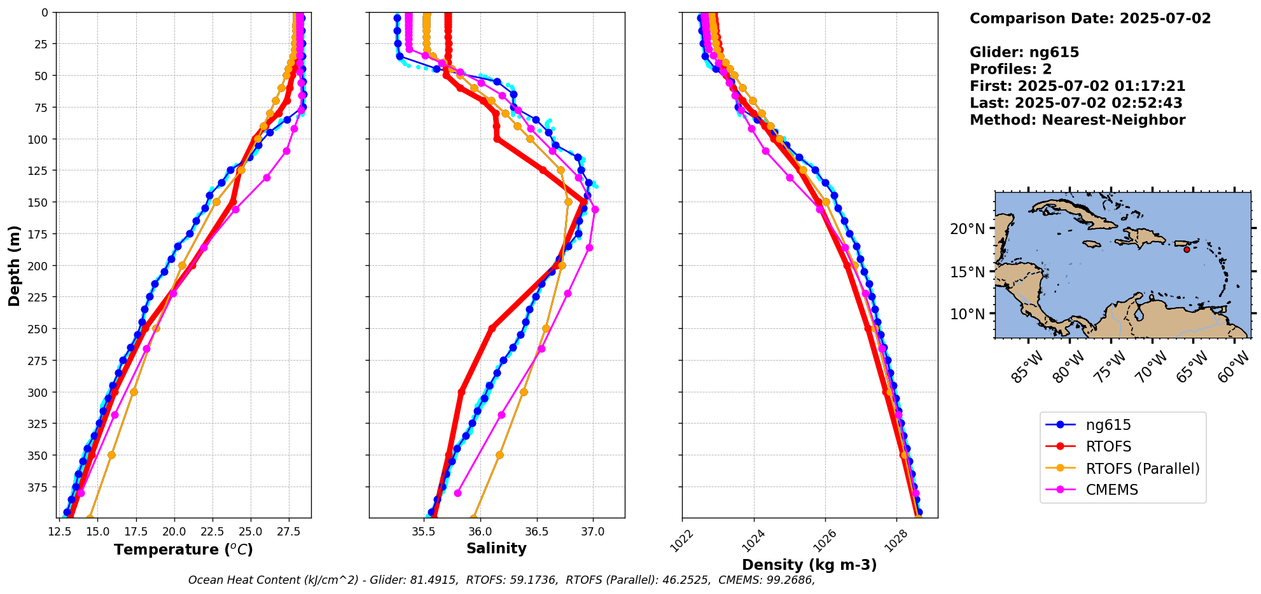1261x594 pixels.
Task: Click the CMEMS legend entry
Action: tap(1111, 490)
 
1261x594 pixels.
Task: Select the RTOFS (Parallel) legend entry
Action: tap(1142, 469)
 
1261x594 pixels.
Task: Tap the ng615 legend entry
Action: tap(1108, 425)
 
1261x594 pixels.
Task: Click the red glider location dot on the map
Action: tap(1187, 249)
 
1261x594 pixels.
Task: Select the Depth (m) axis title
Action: tap(14, 265)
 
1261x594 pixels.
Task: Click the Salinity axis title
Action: tap(496, 548)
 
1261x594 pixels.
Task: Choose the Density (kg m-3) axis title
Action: tap(809, 565)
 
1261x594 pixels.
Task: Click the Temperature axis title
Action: tap(183, 549)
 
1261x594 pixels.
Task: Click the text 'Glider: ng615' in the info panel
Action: tap(1024, 52)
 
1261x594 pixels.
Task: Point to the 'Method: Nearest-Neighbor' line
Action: tap(1077, 120)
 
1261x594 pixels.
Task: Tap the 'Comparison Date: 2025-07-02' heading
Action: tap(1090, 18)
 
